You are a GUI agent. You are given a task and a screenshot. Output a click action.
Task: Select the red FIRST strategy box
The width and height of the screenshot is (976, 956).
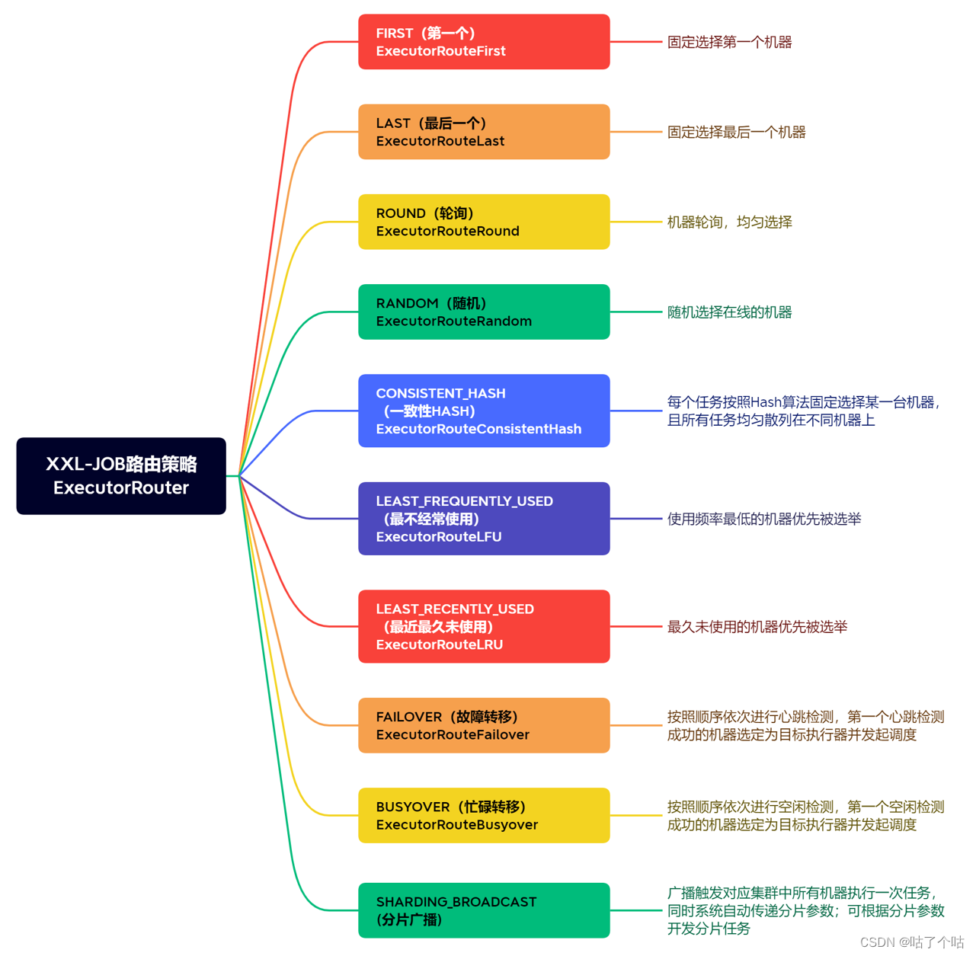coord(484,42)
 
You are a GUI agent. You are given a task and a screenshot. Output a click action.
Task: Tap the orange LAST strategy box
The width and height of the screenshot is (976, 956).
coord(484,132)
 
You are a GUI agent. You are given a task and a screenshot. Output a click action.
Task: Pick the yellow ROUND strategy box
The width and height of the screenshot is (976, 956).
coord(484,222)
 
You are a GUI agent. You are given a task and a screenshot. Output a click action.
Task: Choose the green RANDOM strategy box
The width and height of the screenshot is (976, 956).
coord(484,312)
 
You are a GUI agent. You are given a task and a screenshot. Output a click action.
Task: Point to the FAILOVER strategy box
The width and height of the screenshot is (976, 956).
coord(484,725)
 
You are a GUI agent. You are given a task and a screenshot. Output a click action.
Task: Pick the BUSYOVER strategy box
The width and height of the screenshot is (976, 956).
coord(484,815)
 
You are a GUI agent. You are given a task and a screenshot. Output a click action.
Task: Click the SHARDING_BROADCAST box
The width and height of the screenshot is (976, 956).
coord(484,910)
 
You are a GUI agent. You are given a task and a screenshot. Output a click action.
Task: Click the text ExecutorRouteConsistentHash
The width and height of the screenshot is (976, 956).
coord(478,429)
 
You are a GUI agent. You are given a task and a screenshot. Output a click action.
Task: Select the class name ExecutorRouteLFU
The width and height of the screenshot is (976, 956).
coord(439,537)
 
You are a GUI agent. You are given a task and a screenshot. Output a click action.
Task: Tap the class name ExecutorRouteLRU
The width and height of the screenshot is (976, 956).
coord(440,644)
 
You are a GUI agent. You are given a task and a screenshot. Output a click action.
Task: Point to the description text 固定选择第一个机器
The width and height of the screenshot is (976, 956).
coord(729,42)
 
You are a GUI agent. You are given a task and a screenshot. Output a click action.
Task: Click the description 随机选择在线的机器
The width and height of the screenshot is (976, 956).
coord(729,312)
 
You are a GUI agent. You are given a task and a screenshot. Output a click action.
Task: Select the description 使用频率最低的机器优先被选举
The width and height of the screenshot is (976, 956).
coord(764,519)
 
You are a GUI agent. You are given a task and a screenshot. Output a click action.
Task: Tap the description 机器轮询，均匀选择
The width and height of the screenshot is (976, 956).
coord(729,222)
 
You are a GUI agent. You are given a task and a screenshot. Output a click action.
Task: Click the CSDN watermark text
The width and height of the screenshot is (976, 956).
coord(911,942)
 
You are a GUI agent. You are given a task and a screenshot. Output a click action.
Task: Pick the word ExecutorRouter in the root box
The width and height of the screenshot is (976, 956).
coord(121,488)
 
